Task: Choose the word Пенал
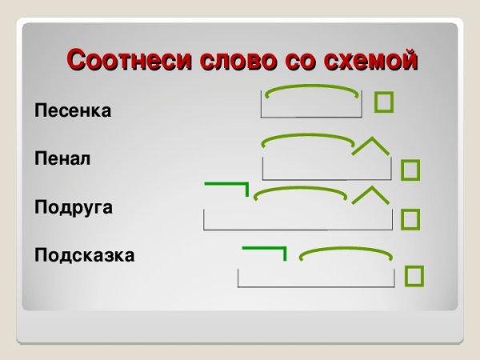(x=63, y=158)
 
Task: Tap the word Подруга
(x=74, y=207)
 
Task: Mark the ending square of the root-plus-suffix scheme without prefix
(x=410, y=170)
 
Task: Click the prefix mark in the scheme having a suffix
(x=227, y=186)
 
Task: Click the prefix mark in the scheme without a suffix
(x=264, y=250)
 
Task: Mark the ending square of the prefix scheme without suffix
(x=414, y=275)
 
